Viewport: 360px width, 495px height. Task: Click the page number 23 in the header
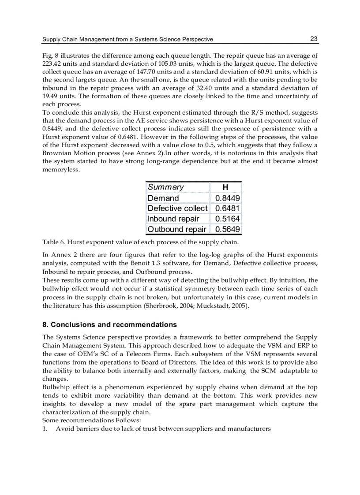(x=314, y=39)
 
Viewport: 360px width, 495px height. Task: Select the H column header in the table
(x=225, y=187)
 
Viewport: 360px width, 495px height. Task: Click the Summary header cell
(x=166, y=187)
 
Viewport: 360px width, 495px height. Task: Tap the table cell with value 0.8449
(x=227, y=198)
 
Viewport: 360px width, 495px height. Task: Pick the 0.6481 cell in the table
(x=227, y=208)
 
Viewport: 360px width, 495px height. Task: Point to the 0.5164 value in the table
(x=227, y=219)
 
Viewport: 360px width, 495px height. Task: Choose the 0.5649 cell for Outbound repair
(x=227, y=229)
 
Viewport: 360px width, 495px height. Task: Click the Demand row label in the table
(x=163, y=198)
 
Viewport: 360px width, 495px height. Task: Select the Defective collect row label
(x=177, y=208)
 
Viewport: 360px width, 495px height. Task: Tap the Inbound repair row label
(x=173, y=219)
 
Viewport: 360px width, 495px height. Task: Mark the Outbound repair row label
(x=177, y=229)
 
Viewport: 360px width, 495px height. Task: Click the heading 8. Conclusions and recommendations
(x=109, y=325)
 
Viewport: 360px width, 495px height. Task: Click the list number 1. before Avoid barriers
(x=45, y=428)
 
